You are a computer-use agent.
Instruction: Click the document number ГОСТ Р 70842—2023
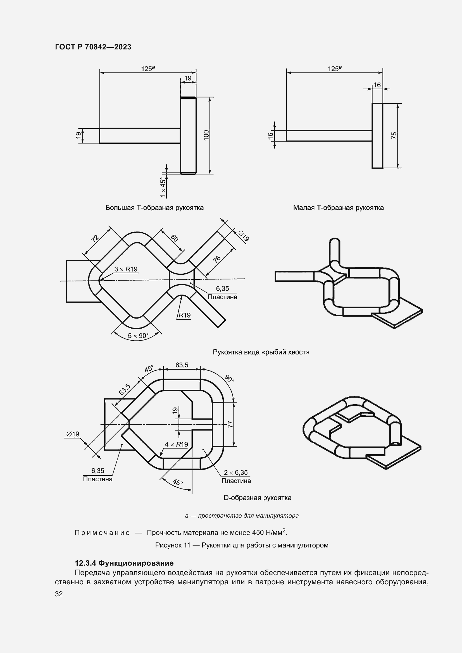pos(93,47)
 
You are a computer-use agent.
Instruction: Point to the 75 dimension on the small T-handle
pos(394,136)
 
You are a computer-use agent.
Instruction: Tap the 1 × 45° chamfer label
pos(163,187)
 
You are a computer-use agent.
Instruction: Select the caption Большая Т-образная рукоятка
pos(154,208)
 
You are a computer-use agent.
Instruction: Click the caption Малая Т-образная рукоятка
pos(338,208)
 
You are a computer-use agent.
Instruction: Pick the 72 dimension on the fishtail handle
pos(95,238)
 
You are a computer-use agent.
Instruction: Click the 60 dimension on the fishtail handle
pos(174,238)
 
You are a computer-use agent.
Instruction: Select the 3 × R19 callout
pos(126,269)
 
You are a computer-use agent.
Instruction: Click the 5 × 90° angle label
pos(138,336)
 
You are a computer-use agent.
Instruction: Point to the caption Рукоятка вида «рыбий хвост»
pos(261,352)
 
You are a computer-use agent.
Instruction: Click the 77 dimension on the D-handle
pos(230,424)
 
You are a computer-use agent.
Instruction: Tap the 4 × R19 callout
pos(176,444)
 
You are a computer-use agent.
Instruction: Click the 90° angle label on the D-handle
pos(229,379)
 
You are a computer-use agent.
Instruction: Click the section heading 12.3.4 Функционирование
pos(124,563)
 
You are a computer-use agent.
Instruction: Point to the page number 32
pos(59,594)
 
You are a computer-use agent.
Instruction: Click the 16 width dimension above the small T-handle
pos(377,85)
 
